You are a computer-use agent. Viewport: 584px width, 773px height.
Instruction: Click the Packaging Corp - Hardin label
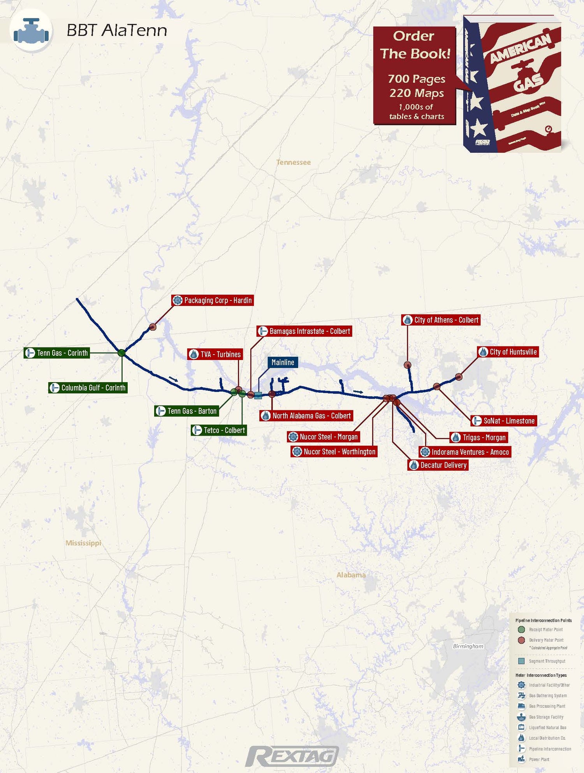pos(213,300)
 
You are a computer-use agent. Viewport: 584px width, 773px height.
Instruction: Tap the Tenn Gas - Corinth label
pos(57,353)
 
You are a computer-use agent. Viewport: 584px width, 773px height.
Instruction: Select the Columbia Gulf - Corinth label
pos(88,388)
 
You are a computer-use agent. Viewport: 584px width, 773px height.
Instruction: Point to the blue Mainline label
pos(283,362)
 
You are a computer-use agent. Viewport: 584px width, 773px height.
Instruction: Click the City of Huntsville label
pos(508,352)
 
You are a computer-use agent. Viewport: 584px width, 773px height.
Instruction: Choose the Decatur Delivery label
pos(438,465)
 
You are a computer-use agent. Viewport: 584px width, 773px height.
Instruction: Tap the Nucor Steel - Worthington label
pos(334,452)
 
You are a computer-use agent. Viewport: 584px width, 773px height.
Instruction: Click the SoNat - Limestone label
pos(504,421)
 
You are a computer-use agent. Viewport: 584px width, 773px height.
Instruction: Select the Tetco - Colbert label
pos(219,430)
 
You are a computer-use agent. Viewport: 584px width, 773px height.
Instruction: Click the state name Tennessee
pos(294,162)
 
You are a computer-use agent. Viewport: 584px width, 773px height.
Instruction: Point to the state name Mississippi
pos(83,543)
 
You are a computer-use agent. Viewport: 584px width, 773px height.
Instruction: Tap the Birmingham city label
pos(468,646)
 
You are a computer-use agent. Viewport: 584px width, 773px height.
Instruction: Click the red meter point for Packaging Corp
pos(153,327)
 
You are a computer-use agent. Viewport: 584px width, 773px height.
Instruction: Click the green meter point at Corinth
pos(121,353)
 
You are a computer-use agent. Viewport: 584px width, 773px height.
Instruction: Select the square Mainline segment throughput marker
pos(258,395)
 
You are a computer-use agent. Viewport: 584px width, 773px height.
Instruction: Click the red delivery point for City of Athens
pos(407,365)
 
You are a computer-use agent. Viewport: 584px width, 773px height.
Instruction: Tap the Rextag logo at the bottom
pos(292,756)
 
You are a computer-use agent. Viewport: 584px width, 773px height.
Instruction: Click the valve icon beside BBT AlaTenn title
pos(31,31)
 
